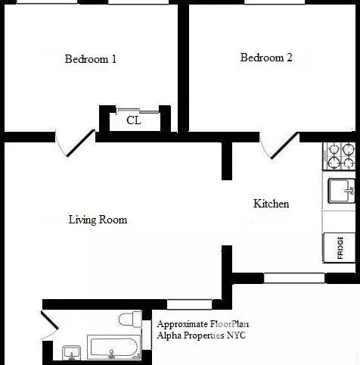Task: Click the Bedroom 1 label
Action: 90,58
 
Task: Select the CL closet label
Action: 133,120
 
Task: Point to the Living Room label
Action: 98,220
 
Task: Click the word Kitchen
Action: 271,204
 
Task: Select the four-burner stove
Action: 340,156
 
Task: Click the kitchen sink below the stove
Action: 340,189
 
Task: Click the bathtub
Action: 113,349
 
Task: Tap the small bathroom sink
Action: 72,352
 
